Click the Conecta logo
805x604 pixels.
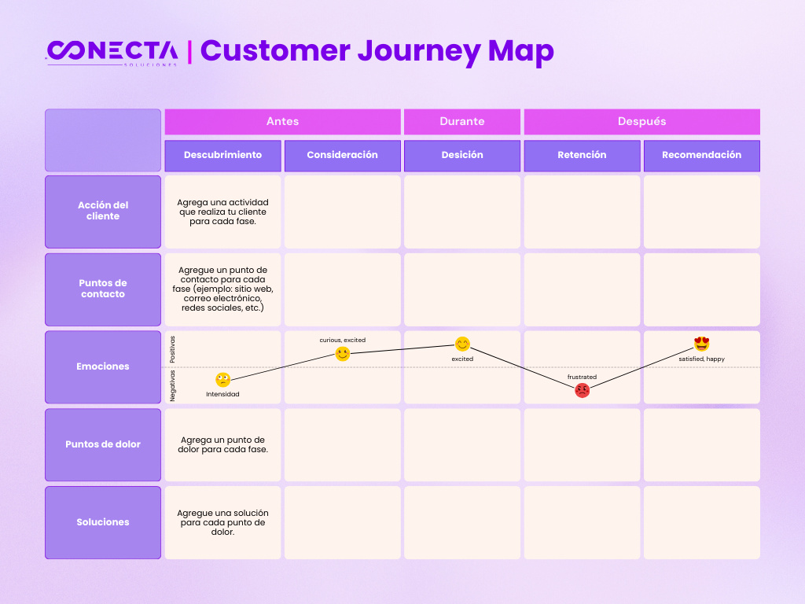[x=112, y=53]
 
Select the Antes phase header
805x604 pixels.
[x=282, y=122]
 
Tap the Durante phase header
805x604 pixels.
[x=462, y=122]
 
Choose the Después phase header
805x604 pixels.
[x=641, y=122]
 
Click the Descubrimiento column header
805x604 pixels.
[x=222, y=156]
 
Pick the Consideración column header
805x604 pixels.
[x=343, y=156]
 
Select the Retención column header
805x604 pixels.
[x=583, y=156]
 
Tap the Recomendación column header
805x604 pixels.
[x=702, y=156]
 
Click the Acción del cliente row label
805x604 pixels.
[x=103, y=212]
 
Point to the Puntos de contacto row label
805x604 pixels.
[x=103, y=289]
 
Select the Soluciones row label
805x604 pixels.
[x=103, y=522]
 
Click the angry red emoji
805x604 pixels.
[x=583, y=390]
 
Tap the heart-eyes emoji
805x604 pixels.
[x=702, y=344]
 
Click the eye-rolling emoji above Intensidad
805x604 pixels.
[x=222, y=380]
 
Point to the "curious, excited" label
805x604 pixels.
[x=343, y=340]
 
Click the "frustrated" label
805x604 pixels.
[x=583, y=377]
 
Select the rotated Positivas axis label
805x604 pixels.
[x=172, y=350]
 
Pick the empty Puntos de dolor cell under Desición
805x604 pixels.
[x=462, y=445]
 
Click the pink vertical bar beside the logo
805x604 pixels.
[x=190, y=53]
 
